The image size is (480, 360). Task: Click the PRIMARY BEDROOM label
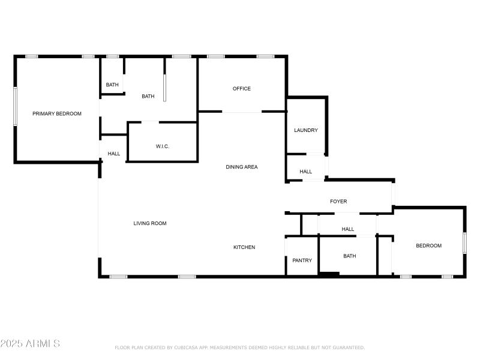coord(57,113)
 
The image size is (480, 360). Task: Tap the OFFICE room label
coord(242,89)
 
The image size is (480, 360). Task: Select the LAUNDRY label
coord(306,130)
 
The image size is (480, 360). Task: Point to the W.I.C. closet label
coord(163,146)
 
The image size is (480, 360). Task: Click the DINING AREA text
coord(242,167)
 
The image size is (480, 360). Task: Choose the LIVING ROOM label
coord(150,223)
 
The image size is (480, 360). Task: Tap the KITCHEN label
coord(244,247)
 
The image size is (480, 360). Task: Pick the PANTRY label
coord(302,260)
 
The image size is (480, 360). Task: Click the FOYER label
coord(338,202)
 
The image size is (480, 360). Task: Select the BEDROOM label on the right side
coord(429,245)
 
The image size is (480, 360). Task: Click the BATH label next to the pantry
coord(350,256)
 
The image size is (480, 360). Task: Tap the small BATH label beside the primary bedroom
coord(112,85)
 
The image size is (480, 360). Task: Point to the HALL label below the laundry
coord(306,172)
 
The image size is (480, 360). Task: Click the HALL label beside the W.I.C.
coord(114,154)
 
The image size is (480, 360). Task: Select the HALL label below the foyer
coord(348,229)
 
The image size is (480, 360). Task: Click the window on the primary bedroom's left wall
coord(16,106)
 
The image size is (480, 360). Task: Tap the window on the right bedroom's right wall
coord(464,243)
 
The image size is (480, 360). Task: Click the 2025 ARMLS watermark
coord(30,344)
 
